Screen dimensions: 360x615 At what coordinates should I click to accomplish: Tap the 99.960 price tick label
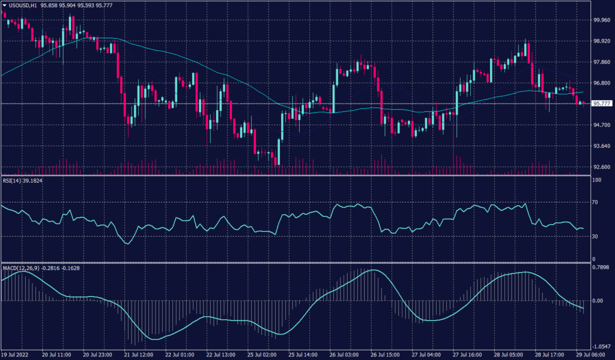602,20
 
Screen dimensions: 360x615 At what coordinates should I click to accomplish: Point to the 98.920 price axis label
602,41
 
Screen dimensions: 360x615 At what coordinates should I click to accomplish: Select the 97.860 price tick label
602,62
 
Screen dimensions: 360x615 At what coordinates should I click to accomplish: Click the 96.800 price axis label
602,83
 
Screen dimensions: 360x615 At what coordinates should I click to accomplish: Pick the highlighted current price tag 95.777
602,103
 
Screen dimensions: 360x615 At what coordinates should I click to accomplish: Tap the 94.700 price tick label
602,125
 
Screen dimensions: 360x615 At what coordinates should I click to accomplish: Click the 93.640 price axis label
602,146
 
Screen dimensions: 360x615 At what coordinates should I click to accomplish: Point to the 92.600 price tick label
602,167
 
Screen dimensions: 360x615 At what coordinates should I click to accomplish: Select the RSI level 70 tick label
596,203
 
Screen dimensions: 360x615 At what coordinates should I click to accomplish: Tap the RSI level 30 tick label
596,236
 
